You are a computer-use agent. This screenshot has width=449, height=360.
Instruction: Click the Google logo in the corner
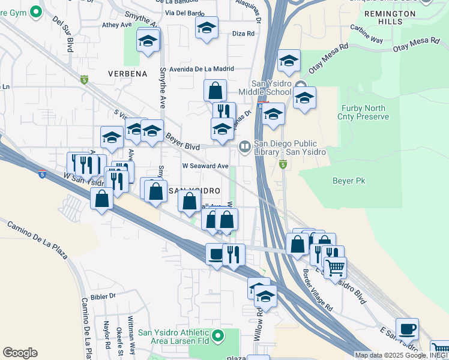coord(20,353)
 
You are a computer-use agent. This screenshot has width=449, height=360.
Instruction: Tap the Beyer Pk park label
coord(349,180)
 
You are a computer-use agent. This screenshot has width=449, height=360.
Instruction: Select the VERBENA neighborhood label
coord(127,74)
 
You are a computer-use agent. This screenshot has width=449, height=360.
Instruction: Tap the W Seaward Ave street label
coord(205,166)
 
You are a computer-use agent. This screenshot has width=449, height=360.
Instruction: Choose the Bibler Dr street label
coord(103,296)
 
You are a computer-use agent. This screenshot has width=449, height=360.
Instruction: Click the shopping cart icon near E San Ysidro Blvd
coord(335,267)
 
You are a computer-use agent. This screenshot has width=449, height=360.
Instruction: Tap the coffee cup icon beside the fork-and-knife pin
coord(215,254)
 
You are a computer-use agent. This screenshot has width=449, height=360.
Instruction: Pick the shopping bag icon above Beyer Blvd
coord(215,91)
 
